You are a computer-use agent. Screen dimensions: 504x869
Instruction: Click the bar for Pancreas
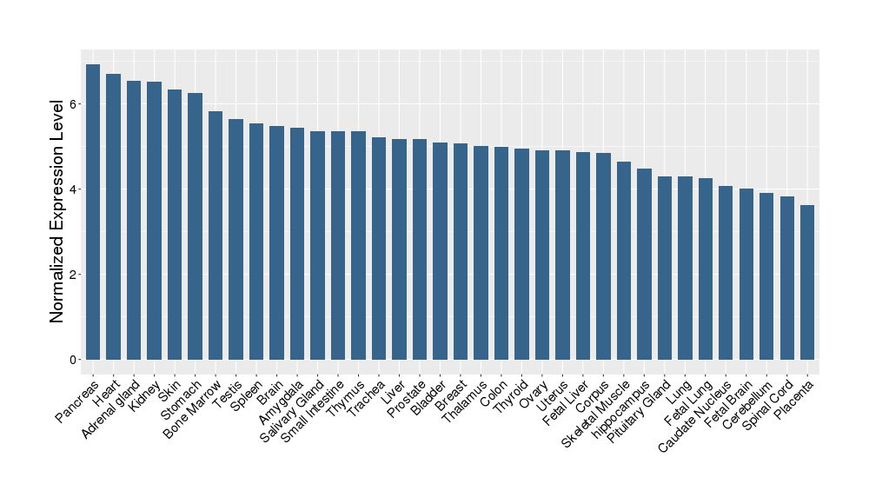pos(93,212)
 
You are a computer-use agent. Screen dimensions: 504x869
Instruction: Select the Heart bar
pos(113,216)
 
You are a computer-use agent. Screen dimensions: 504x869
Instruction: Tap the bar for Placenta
pos(807,282)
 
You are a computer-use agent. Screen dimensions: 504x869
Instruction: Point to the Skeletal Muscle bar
pos(624,261)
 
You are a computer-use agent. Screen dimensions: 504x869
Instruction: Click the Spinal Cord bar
pos(787,278)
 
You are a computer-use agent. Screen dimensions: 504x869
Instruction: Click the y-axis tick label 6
pos(75,104)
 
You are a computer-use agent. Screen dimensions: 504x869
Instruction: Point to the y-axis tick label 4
pos(75,189)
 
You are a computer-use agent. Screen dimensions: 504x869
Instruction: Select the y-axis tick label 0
pos(75,360)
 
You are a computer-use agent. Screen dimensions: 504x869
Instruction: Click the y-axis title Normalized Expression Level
pos(57,210)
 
